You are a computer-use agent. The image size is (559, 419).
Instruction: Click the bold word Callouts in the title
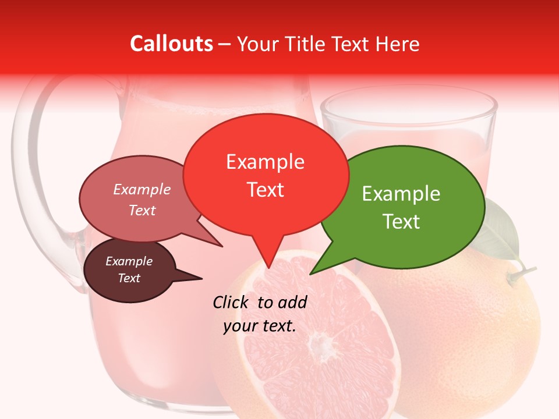pos(171,44)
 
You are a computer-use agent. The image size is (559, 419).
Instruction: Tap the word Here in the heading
pos(397,44)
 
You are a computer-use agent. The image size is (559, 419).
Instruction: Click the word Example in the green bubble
pos(401,194)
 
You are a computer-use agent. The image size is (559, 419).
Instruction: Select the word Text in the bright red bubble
pos(266,190)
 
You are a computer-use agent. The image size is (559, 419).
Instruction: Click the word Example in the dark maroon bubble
pos(129,261)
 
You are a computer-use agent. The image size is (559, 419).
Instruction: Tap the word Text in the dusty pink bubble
pos(142,210)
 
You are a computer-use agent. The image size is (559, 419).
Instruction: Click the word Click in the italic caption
pos(232,302)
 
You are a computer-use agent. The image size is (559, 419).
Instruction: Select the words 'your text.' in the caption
pos(260,326)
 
